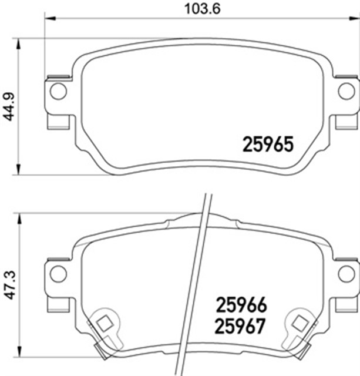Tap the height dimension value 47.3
[8, 285]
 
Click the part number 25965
[267, 144]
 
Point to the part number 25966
[241, 304]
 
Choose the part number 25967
[241, 324]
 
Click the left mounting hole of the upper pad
[57, 91]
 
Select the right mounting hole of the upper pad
[346, 91]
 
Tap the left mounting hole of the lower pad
[57, 272]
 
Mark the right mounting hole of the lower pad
[346, 272]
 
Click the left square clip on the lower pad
[105, 323]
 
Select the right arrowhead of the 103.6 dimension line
[355, 19]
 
